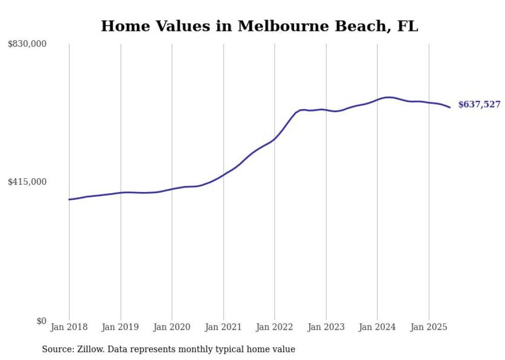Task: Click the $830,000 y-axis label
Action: pos(27,44)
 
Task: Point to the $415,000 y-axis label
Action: pos(27,182)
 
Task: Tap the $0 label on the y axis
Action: pos(41,321)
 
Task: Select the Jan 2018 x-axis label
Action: pos(69,327)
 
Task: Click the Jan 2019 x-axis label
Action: pos(121,327)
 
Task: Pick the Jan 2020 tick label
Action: pos(172,327)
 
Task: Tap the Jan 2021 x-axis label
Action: pos(223,327)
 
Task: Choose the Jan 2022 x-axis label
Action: pos(275,327)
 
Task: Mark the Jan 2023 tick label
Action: pos(326,327)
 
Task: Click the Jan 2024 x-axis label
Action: pos(377,327)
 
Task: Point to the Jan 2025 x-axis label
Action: pos(429,327)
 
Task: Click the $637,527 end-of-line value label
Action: pos(479,105)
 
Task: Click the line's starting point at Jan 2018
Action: pos(69,199)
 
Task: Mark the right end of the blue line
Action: pos(450,107)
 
